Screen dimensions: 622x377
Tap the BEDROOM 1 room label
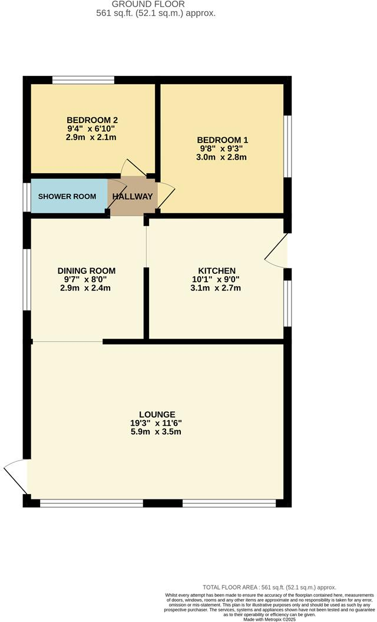click(222, 140)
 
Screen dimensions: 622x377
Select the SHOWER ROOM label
click(67, 196)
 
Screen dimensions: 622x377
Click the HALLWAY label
click(133, 196)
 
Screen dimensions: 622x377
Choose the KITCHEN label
click(216, 270)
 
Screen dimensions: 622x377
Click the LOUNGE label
click(157, 414)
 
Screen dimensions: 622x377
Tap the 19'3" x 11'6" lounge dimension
click(157, 423)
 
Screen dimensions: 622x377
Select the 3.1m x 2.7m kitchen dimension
click(216, 288)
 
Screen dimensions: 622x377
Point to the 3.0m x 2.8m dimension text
click(222, 157)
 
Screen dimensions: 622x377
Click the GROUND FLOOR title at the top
click(156, 4)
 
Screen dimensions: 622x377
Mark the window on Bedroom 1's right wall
click(287, 145)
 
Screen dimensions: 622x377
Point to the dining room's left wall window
click(27, 279)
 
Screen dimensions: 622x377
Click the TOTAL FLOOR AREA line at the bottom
click(269, 587)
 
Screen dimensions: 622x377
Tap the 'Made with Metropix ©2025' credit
click(269, 618)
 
